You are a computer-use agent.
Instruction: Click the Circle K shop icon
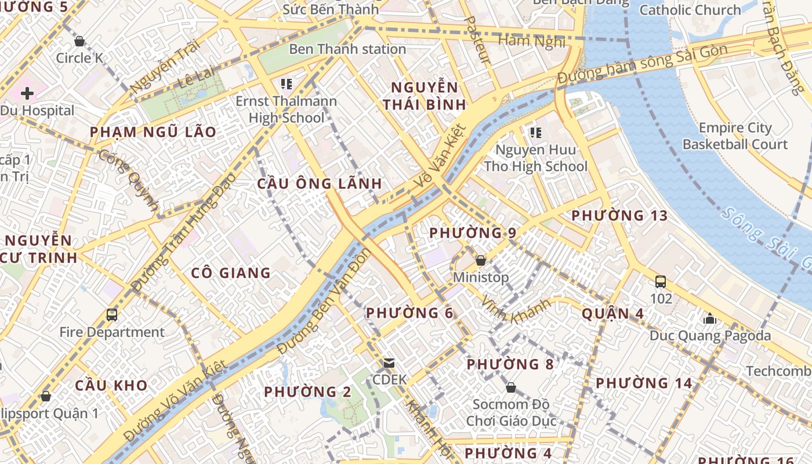point(79,41)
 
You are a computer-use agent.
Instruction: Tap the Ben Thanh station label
point(347,49)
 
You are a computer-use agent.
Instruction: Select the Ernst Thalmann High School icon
point(286,84)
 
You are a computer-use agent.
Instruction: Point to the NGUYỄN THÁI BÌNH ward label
point(425,96)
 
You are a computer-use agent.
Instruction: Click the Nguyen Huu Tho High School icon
point(535,133)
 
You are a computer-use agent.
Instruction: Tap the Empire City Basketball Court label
point(735,136)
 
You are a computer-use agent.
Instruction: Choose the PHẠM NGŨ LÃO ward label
point(153,132)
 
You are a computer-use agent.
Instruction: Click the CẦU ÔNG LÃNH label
point(320,184)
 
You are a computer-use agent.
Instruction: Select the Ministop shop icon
point(480,260)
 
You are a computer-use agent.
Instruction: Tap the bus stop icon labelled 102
point(660,282)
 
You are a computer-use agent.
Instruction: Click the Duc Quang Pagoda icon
point(709,318)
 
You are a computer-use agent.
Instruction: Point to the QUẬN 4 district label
point(612,314)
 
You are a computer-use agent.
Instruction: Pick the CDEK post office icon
point(389,363)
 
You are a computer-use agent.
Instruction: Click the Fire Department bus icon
point(112,315)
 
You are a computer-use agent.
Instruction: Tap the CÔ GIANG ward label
point(231,273)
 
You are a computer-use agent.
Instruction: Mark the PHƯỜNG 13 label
point(619,216)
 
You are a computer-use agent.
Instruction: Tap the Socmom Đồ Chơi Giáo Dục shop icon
point(511,387)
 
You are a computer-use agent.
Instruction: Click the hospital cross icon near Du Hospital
point(27,93)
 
